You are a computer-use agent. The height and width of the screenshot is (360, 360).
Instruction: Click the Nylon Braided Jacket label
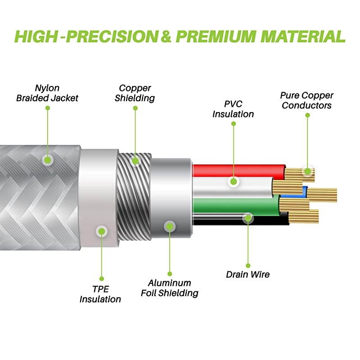tap(47, 93)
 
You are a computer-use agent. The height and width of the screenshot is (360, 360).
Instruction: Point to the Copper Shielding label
tap(135, 93)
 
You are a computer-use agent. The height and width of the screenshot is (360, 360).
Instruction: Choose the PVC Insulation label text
tap(233, 109)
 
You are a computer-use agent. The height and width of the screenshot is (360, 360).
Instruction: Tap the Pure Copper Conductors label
tap(306, 100)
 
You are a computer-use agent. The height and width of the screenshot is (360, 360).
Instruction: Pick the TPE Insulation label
tap(100, 294)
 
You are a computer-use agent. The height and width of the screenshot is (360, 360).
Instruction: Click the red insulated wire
tap(238, 170)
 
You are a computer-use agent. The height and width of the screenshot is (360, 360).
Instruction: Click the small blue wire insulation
tap(305, 192)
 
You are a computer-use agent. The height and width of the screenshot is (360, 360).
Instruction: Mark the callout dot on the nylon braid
tap(47, 159)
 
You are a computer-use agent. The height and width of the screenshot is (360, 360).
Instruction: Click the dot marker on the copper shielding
tap(135, 160)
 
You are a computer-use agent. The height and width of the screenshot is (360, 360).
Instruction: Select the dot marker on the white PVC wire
tap(233, 182)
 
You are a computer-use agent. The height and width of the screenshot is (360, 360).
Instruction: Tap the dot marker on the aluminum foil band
tap(169, 226)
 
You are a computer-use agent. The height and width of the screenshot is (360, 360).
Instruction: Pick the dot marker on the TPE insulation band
tap(102, 231)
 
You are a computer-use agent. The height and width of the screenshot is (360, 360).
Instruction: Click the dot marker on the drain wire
tap(248, 218)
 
